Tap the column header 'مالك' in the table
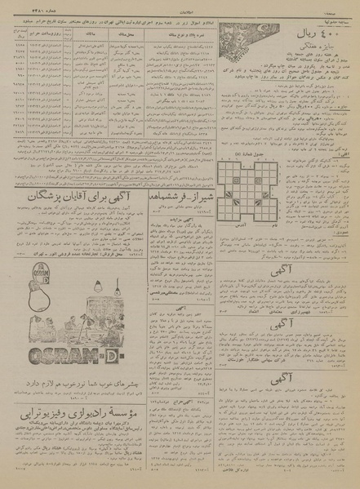click(85, 35)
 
